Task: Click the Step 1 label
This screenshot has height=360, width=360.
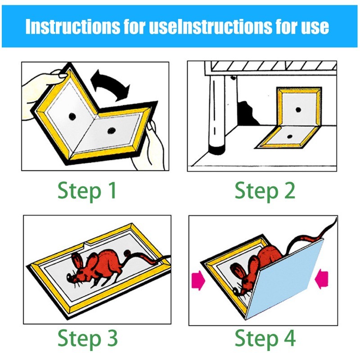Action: (87, 191)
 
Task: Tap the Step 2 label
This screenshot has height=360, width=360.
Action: (265, 191)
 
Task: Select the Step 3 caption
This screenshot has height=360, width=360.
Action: (87, 339)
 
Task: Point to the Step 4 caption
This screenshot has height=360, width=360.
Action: (265, 339)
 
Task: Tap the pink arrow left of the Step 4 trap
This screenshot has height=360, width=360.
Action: (198, 280)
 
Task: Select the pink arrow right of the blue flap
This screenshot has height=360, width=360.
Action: (321, 279)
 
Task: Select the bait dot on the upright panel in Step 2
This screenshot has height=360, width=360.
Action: (298, 110)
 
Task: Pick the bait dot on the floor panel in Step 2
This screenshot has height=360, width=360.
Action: (290, 137)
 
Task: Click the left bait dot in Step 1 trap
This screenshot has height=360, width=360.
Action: (72, 117)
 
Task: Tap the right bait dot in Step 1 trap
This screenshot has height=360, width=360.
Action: (111, 131)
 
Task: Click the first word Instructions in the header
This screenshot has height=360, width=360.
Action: (72, 27)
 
